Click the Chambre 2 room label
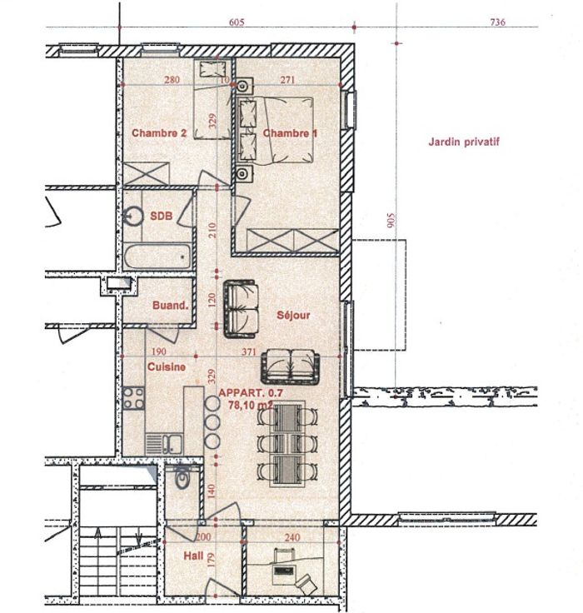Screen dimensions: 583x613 159,133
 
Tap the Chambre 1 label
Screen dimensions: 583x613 290,133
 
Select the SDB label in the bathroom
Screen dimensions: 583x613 161,216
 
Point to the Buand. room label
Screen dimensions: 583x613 171,306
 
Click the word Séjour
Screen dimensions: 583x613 293,315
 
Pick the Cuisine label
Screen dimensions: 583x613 167,366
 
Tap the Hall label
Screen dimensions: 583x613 193,556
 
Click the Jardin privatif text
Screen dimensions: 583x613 464,142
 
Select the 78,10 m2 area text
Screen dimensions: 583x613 250,405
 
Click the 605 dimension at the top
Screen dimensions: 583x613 237,22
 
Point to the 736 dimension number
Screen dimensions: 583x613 497,22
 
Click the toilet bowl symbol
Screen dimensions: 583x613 182,478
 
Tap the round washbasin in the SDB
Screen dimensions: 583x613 133,216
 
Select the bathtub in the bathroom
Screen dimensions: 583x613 157,256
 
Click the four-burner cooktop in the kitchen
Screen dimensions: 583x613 134,398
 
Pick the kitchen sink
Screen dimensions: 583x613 164,444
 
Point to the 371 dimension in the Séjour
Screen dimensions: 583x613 249,351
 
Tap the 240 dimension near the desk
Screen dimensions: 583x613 292,537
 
